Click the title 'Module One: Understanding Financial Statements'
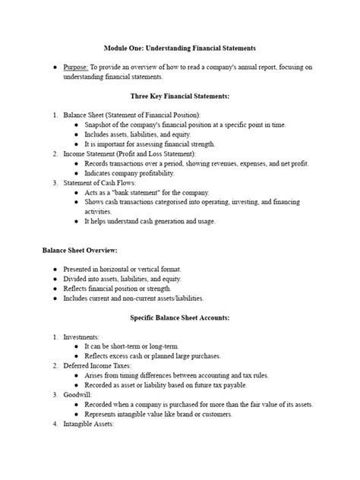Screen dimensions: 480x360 [x=180, y=48]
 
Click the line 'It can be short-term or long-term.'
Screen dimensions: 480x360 [x=132, y=346]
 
